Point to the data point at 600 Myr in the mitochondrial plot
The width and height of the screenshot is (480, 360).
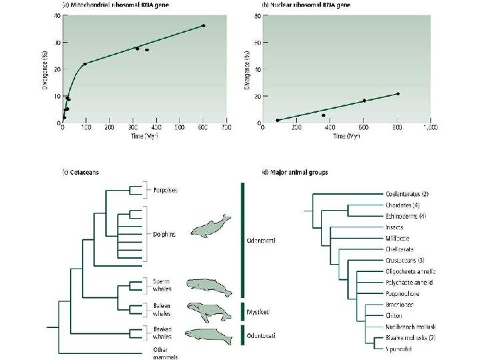pyautogui.click(x=203, y=25)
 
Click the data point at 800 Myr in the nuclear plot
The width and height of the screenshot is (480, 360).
pyautogui.click(x=398, y=94)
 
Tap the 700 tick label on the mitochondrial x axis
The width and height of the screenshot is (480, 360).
pyautogui.click(x=226, y=128)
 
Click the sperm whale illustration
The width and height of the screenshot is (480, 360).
pyautogui.click(x=209, y=287)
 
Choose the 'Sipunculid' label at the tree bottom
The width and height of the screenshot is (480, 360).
pyautogui.click(x=399, y=349)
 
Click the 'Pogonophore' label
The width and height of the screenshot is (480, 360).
pyautogui.click(x=402, y=293)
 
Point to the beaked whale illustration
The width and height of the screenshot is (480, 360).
pyautogui.click(x=208, y=333)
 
